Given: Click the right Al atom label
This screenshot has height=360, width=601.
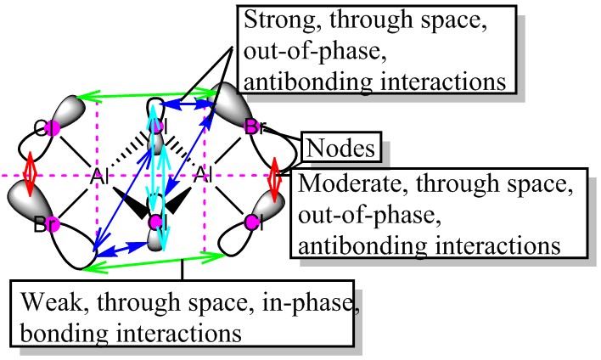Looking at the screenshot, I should [x=204, y=177].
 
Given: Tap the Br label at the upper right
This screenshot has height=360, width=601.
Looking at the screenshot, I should [x=254, y=128].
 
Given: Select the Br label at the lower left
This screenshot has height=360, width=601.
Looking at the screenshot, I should [x=48, y=226].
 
